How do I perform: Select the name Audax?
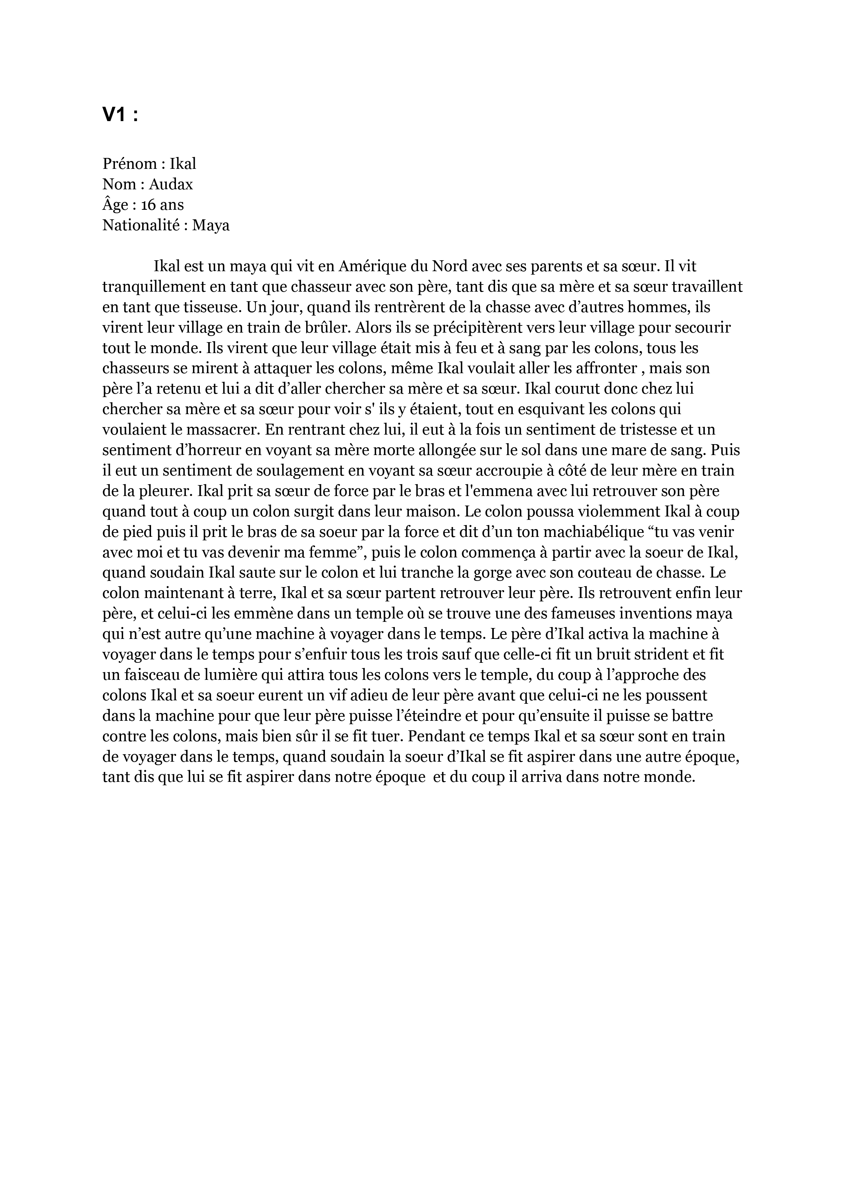[171, 184]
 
